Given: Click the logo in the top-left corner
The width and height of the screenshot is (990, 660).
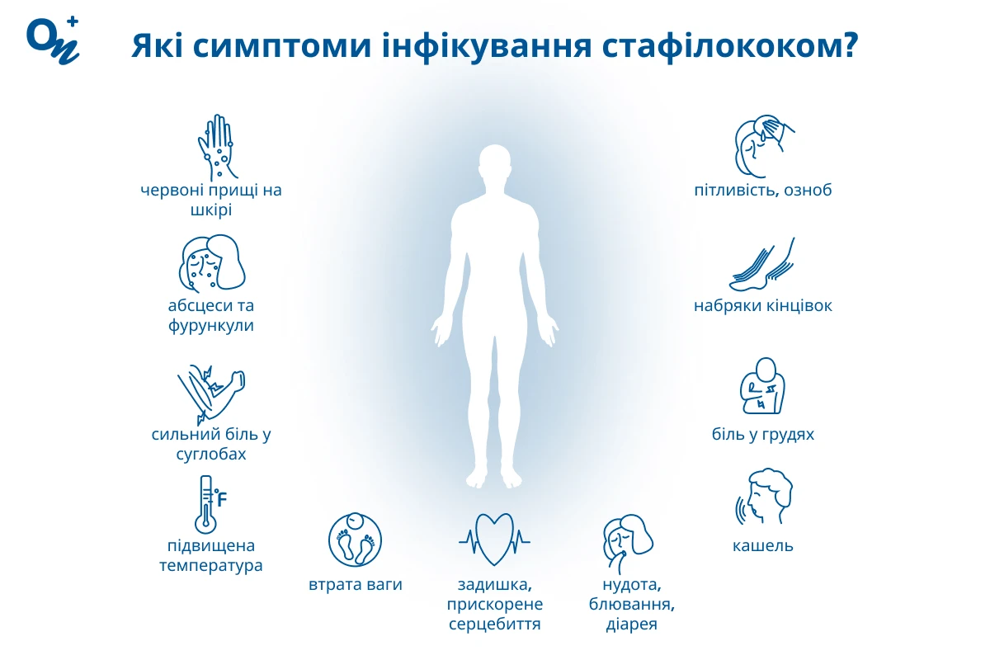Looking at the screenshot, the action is [53, 40].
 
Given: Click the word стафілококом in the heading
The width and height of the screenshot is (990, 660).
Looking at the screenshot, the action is [729, 45].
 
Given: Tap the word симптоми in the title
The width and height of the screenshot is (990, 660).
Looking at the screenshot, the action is [281, 46].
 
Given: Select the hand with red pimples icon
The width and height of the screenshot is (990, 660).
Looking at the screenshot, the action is [216, 147].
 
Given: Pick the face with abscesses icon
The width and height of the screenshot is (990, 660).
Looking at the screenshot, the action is [212, 263].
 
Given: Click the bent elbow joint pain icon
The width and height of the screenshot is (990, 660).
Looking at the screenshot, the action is [211, 394].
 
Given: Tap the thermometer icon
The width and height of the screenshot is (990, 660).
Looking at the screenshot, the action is [206, 504].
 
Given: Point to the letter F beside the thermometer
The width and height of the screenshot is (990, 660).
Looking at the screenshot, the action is [222, 499].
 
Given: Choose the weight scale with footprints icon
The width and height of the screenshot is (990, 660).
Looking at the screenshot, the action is [355, 540].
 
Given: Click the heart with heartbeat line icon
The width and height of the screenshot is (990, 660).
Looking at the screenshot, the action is [494, 540].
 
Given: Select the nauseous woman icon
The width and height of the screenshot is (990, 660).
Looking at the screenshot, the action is [628, 544].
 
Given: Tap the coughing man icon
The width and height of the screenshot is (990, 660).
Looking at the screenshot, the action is [764, 497].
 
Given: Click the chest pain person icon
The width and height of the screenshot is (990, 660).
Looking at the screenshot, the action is [762, 386].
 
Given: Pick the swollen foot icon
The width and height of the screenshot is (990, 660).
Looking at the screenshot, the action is [762, 264].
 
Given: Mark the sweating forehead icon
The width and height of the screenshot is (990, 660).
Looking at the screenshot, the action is [764, 146].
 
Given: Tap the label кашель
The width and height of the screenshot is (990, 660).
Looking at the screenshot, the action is [763, 545].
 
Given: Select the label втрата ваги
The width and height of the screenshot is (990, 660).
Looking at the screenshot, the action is [356, 584].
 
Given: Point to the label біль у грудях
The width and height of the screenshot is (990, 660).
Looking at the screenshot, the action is [763, 434].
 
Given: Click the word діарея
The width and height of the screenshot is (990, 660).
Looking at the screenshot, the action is [632, 624].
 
